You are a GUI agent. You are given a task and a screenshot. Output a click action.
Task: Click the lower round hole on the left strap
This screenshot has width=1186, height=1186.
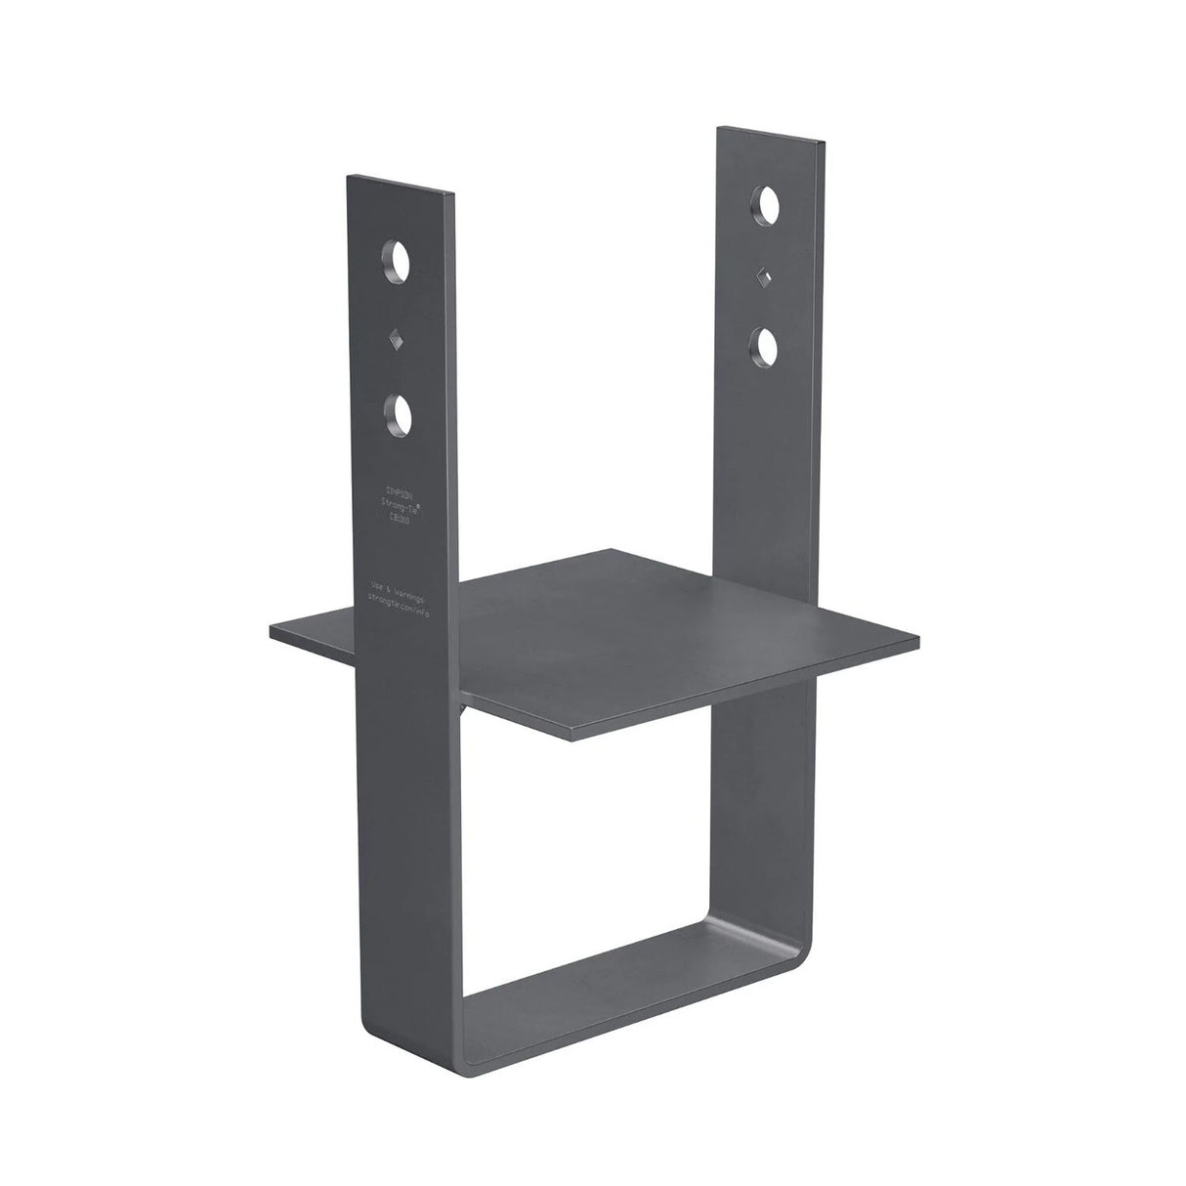[397, 415]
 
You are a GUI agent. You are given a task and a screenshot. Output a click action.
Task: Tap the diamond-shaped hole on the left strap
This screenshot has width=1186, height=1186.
[397, 341]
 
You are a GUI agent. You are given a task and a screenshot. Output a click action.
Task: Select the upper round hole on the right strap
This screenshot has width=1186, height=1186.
[765, 206]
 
